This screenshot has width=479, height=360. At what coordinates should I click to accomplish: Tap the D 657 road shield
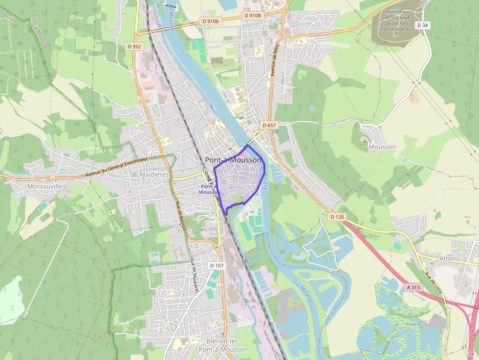[269, 126]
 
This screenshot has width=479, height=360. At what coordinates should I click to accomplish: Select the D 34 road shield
[422, 25]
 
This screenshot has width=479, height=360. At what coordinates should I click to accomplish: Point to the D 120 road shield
[337, 216]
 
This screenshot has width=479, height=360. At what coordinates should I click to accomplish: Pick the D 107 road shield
[217, 265]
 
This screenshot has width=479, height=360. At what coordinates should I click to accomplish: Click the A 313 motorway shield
[414, 288]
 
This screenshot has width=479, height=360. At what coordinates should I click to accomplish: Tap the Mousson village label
[382, 147]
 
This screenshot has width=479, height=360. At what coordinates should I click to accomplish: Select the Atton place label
[447, 258]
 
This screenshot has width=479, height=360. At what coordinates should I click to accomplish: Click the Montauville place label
[45, 186]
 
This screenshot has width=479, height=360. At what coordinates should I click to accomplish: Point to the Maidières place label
[154, 174]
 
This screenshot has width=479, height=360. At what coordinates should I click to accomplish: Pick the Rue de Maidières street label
[195, 275]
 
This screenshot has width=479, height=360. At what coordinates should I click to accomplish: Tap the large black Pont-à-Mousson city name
[233, 160]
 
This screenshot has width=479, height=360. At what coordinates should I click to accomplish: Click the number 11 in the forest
[33, 69]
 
